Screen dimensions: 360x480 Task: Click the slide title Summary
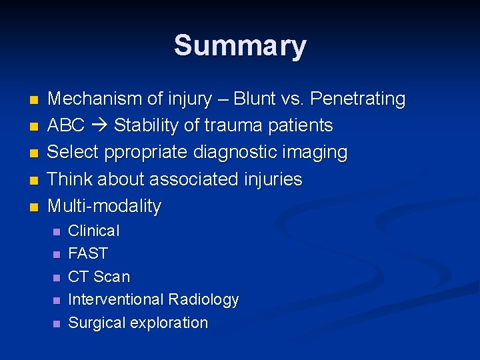point(240,46)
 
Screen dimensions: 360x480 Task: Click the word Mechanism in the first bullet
point(95,99)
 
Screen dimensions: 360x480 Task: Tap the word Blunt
point(252,99)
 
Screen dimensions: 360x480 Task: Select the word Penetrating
point(358,99)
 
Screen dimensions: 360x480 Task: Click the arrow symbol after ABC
point(100,126)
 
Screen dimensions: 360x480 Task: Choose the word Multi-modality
point(105,206)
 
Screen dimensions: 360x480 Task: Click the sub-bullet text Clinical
point(94,231)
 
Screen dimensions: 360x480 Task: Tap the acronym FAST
point(88,254)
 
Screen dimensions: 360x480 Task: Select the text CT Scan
point(99,277)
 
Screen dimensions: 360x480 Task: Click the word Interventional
point(115,300)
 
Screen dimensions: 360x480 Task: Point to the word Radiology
point(203,300)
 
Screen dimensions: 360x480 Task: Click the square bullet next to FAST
point(56,255)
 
